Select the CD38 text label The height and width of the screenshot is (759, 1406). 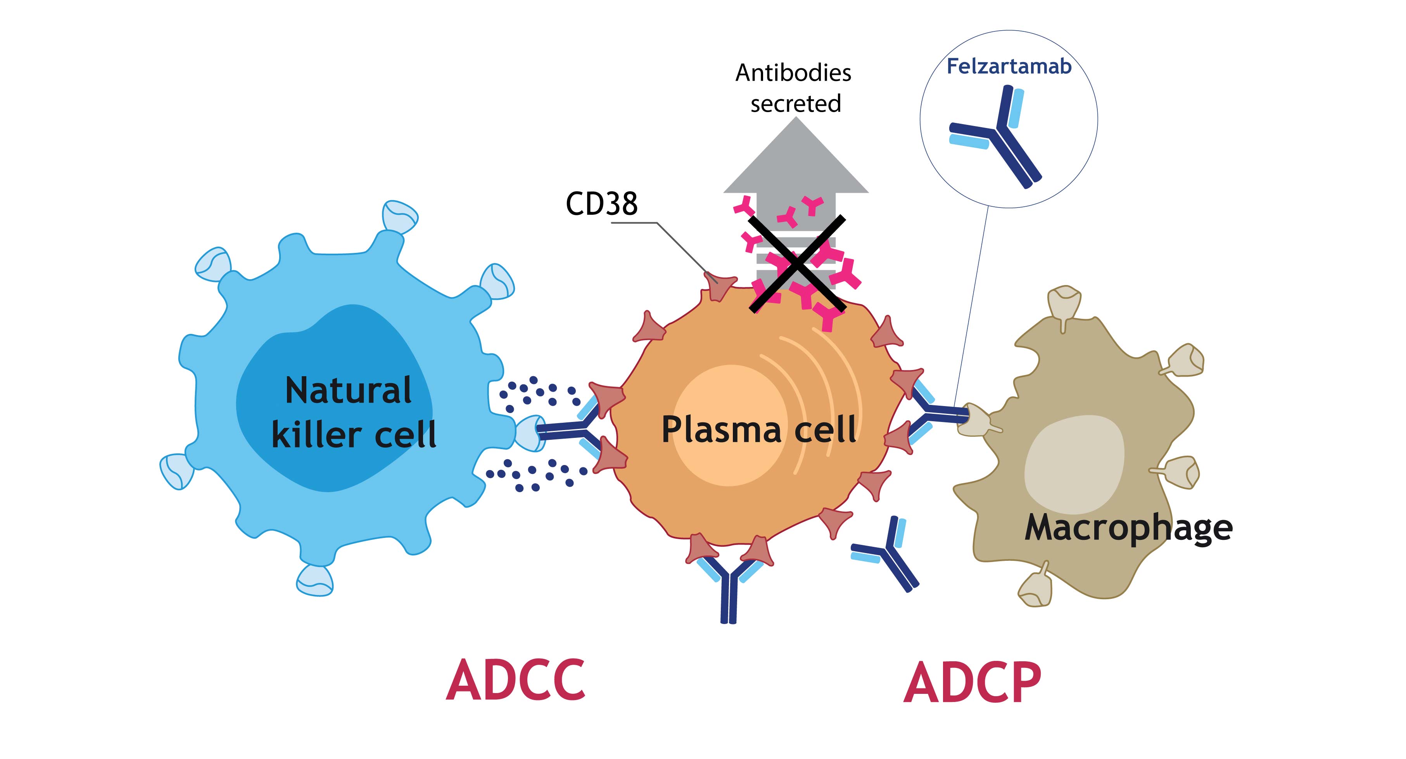click(x=601, y=204)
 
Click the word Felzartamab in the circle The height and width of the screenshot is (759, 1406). click(x=1009, y=67)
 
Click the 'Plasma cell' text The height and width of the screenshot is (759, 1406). click(x=759, y=429)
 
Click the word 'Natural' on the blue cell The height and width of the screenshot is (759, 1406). click(x=348, y=391)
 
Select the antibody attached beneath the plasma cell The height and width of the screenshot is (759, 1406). click(x=729, y=587)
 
